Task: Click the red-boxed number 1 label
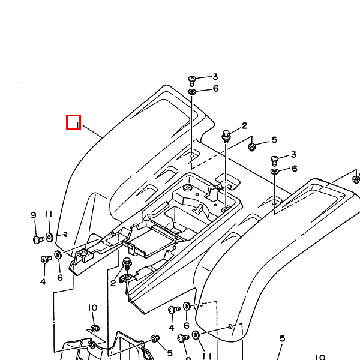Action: pyautogui.click(x=73, y=122)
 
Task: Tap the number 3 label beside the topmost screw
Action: pyautogui.click(x=215, y=77)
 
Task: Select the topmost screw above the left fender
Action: pyautogui.click(x=193, y=79)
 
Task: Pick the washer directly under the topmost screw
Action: pyautogui.click(x=193, y=91)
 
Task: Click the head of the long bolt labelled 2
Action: pyautogui.click(x=226, y=134)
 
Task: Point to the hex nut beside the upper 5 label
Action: pyautogui.click(x=253, y=145)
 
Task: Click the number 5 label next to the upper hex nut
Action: pyautogui.click(x=274, y=140)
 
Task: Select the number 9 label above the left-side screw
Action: pyautogui.click(x=34, y=215)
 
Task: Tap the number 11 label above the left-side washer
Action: pyautogui.click(x=49, y=214)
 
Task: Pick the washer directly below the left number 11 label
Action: pyautogui.click(x=49, y=237)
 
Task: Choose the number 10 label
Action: pyautogui.click(x=92, y=308)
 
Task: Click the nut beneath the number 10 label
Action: pyautogui.click(x=94, y=328)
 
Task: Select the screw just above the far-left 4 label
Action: pyautogui.click(x=45, y=259)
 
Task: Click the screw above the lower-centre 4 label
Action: pyautogui.click(x=173, y=310)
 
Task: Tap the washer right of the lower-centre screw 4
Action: pyautogui.click(x=187, y=307)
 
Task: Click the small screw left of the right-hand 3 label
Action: pyautogui.click(x=275, y=160)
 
